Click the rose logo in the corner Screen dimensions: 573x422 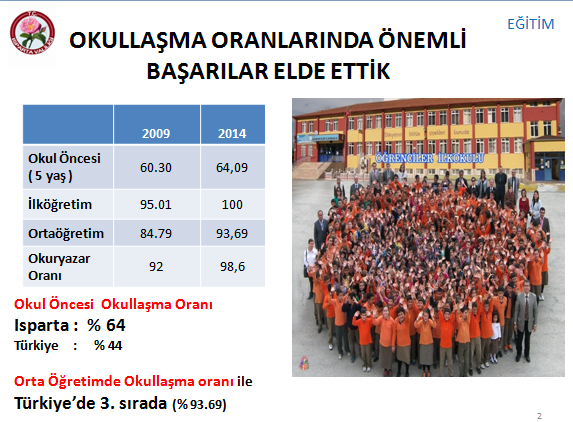(32, 33)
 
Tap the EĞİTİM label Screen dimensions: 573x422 (531, 24)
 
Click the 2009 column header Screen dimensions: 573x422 (156, 133)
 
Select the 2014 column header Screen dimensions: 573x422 (232, 133)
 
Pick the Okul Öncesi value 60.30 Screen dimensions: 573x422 (156, 167)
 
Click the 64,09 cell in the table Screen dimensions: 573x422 (232, 167)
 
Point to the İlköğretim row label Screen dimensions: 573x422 (60, 204)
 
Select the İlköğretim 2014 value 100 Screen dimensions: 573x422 (232, 204)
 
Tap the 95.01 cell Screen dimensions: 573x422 (156, 204)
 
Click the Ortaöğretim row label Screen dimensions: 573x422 (66, 233)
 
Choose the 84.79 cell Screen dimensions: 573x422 (156, 233)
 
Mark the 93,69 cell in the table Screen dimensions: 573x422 (232, 233)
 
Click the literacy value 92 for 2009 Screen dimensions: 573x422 (156, 266)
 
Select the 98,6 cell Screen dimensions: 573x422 (232, 266)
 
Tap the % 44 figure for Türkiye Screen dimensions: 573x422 (108, 345)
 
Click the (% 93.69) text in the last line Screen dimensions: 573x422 (200, 404)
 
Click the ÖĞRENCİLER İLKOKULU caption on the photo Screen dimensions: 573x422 (430, 158)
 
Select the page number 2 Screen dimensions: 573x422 (539, 415)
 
